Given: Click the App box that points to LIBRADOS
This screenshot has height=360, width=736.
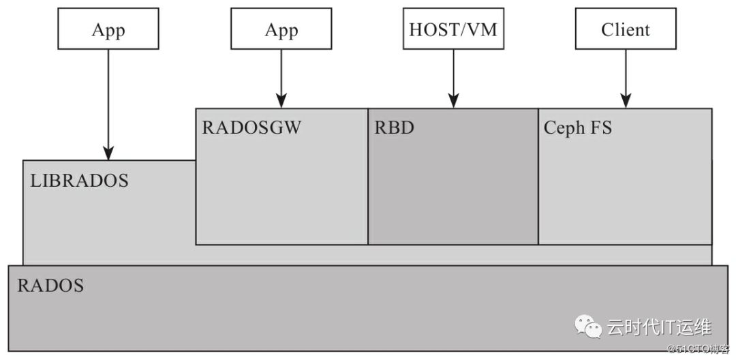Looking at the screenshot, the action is pos(108,28).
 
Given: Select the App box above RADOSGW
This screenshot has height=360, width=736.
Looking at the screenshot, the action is pos(281,28).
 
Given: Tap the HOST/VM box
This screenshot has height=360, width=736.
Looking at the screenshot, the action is pos(453,28).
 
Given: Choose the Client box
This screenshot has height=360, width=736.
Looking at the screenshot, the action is pos(626,28).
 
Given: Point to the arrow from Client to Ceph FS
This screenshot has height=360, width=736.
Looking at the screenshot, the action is pos(626,78).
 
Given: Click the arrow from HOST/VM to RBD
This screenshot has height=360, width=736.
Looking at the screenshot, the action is pos(453,78).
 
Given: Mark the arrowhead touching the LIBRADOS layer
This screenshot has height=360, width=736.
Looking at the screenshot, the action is pos(108,153).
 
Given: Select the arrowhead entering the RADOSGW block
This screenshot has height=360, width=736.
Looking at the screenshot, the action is pos(281,101).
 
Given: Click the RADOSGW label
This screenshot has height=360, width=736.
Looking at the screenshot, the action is pos(251,127).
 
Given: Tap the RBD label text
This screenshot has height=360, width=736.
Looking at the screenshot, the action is pos(394,127).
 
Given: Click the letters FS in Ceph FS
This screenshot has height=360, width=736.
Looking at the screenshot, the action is pos(602,127).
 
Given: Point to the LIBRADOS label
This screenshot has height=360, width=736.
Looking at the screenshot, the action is pos(79,181).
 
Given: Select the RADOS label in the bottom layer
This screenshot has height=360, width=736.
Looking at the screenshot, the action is pos(50,286).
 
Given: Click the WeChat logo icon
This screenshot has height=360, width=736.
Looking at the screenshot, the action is pos(588,326).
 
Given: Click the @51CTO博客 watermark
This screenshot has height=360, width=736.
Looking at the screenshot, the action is pos(699,348).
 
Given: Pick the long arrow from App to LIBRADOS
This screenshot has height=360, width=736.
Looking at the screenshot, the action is pos(108,105).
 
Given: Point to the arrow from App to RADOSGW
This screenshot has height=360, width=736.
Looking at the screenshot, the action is pos(281,78).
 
